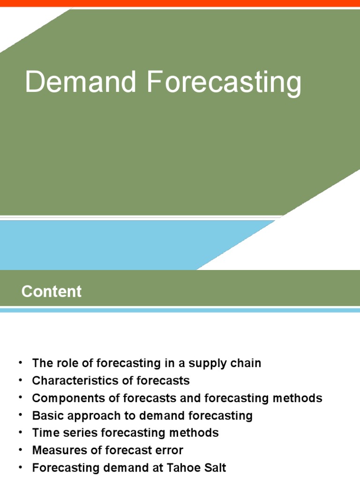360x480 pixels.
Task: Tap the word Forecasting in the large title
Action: click(224, 82)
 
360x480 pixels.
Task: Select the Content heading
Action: click(52, 292)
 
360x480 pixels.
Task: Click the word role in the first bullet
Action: click(63, 363)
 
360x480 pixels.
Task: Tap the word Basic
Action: click(47, 416)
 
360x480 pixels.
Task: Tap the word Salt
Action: click(215, 468)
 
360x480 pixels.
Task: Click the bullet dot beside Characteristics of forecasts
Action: click(20, 380)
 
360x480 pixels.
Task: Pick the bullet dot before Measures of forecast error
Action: click(20, 450)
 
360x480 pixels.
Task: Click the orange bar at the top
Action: click(180, 3)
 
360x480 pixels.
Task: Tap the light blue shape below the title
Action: click(117, 244)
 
